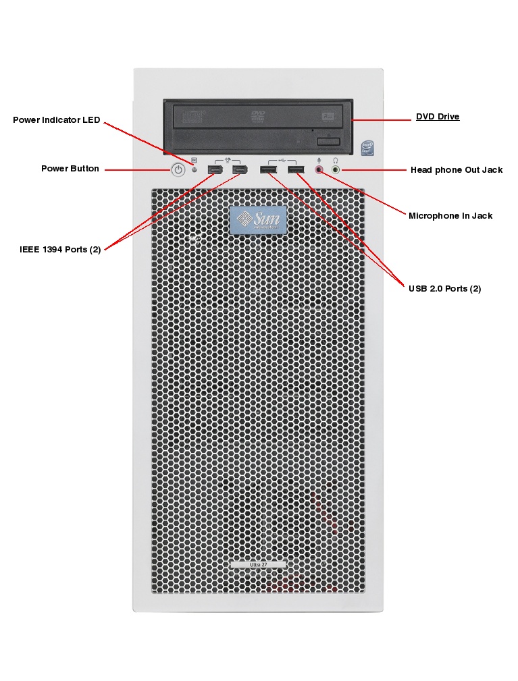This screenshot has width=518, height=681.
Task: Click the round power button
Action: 178,169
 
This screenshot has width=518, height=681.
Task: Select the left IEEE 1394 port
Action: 215,169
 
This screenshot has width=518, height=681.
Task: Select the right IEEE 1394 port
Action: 240,169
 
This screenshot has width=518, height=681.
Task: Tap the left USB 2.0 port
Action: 268,169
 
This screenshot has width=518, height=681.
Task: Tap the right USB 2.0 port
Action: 294,169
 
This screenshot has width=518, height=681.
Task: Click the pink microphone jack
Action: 319,169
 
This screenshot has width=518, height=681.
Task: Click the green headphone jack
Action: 336,169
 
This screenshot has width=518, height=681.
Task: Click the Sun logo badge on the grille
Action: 258,220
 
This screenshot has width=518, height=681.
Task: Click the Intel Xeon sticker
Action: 367,148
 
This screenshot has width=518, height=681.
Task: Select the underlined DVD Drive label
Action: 438,117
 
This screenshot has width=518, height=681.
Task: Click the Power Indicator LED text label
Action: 57,120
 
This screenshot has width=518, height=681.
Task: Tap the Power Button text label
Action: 70,169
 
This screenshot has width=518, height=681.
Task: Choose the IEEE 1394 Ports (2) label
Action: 60,250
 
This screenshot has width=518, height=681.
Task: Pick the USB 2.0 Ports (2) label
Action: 444,289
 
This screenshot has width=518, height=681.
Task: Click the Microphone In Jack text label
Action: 450,216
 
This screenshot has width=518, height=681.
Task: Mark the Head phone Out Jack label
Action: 457,170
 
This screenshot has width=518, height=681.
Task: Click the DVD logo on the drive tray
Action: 257,117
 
